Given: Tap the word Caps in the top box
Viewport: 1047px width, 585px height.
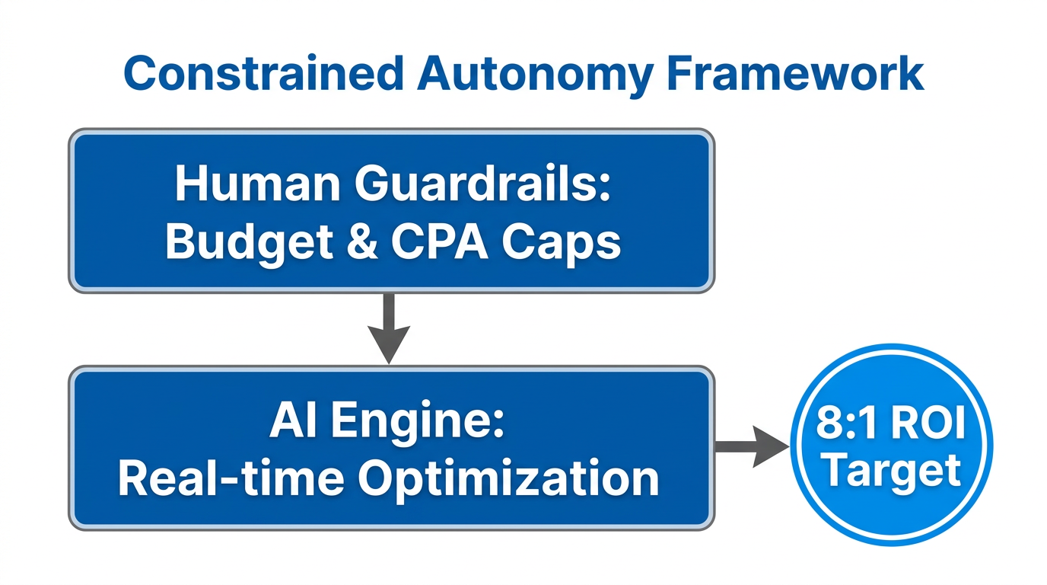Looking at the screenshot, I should click(564, 241).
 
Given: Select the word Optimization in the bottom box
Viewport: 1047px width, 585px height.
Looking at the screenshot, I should click(508, 478).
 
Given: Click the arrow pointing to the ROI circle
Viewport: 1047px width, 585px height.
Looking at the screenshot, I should click(749, 446).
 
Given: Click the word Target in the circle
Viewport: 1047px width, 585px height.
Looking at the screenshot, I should click(892, 471).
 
